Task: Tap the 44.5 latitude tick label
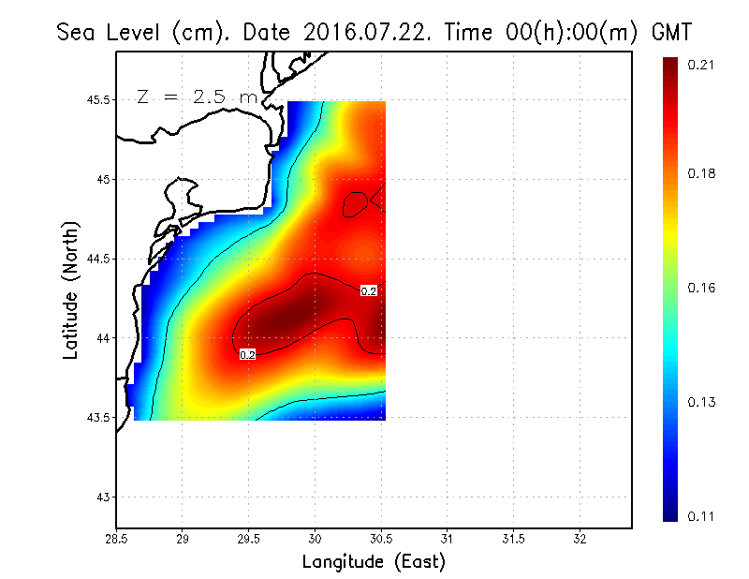(x=95, y=259)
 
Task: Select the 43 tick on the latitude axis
(x=102, y=497)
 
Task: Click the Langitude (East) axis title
(x=374, y=562)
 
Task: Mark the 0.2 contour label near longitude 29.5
(x=248, y=355)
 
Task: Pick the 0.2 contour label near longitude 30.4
(x=369, y=291)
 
